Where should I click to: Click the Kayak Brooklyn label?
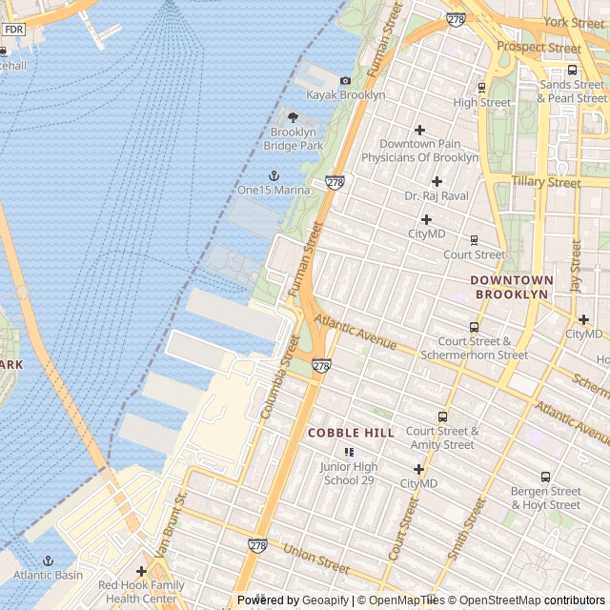tap(345, 95)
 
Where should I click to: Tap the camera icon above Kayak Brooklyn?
tap(345, 80)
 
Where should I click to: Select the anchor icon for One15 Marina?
tap(274, 175)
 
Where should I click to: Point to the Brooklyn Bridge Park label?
tap(293, 138)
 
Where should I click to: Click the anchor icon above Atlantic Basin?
tap(48, 560)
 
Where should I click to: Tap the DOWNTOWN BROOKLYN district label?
tap(512, 287)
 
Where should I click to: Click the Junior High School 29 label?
tap(349, 474)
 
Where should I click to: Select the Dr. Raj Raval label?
tap(437, 196)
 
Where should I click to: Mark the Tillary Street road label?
tap(545, 182)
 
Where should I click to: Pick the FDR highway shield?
tap(13, 30)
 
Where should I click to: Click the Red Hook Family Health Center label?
tap(141, 592)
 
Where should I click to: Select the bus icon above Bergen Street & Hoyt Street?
tap(545, 477)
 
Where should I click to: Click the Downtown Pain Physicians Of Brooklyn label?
tap(429, 151)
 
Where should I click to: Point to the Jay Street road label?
tap(575, 266)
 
